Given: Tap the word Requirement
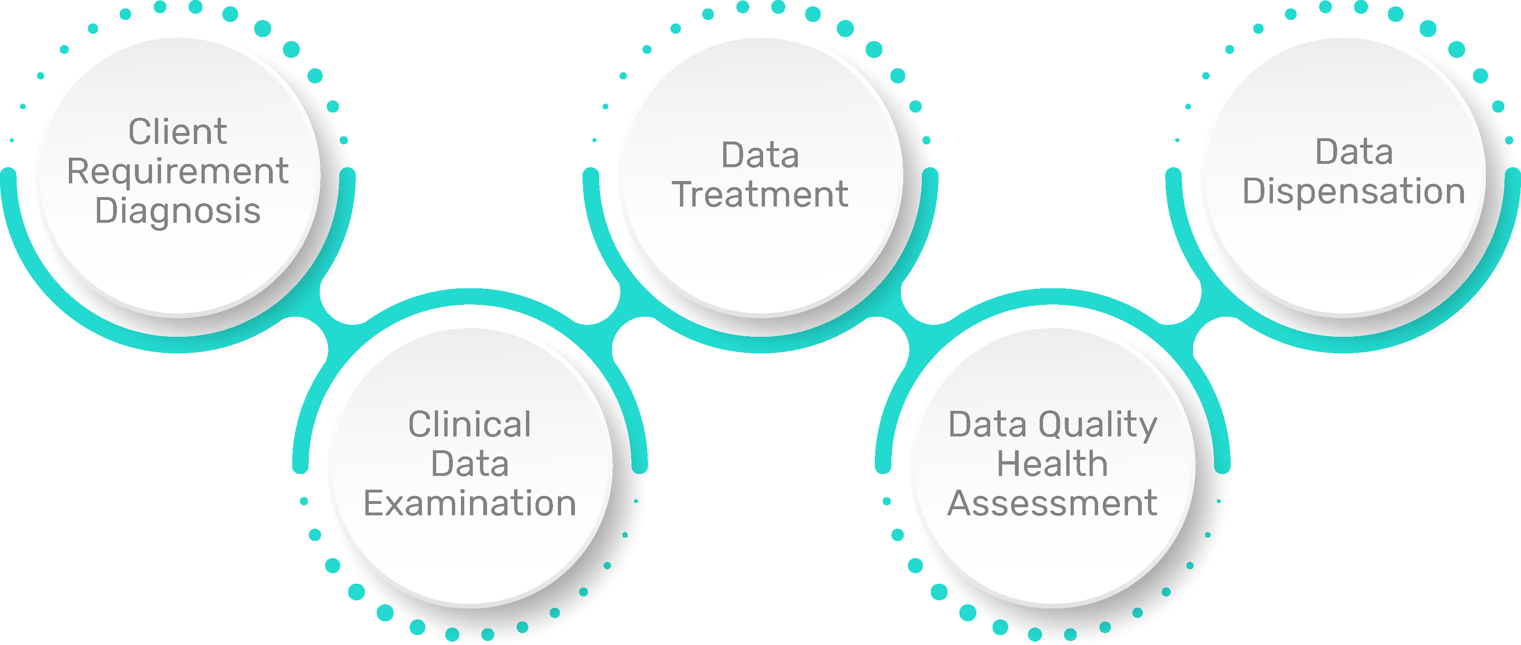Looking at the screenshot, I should coord(178,172).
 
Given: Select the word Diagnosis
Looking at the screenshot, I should coord(178,211).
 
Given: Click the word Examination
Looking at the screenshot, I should coord(470,503).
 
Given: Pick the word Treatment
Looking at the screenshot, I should coord(760,194).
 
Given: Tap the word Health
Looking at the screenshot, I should coord(1052,464).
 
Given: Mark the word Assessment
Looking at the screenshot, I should coord(1052,503).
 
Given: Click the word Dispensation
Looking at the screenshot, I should coord(1353,191).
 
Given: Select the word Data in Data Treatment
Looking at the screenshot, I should coord(760,155).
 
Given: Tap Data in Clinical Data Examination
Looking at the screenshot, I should coord(470,464).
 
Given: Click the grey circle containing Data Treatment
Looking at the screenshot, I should coord(760,260).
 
